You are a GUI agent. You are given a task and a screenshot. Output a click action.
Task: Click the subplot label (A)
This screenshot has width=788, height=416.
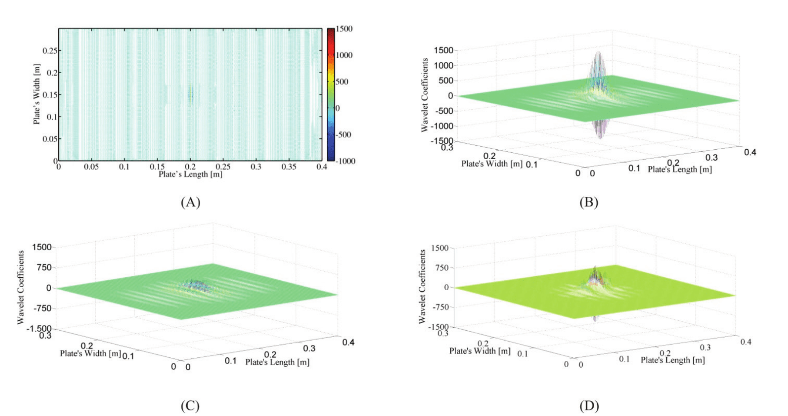[x=190, y=202]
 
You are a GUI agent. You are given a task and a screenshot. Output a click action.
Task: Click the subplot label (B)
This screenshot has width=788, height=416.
[x=589, y=202]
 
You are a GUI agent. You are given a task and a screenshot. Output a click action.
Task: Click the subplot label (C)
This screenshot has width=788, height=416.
[x=190, y=406]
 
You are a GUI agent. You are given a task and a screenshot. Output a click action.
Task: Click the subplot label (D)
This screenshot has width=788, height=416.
[x=589, y=406]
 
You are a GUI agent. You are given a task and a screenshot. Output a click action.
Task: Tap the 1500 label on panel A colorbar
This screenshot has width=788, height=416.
[x=344, y=29]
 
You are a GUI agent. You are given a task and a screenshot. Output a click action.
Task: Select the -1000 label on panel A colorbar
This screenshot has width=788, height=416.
[x=345, y=161]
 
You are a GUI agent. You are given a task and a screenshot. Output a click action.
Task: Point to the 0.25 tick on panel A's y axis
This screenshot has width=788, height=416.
[x=49, y=51]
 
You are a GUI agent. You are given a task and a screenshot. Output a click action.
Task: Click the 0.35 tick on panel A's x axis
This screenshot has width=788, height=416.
[x=289, y=167]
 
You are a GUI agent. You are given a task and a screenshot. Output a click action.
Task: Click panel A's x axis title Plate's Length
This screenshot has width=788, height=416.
[x=190, y=174]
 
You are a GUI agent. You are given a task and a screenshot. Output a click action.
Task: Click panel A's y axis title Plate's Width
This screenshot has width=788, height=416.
[x=37, y=94]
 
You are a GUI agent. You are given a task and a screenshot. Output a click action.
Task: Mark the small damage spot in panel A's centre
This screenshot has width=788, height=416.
[x=191, y=94]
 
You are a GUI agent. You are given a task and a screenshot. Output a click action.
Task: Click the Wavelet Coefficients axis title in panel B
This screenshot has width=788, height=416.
[x=425, y=95]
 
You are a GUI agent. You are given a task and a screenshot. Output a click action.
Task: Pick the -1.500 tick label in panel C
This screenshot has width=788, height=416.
[x=39, y=328]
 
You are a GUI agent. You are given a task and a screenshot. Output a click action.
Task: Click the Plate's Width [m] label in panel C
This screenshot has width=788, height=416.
[x=90, y=354]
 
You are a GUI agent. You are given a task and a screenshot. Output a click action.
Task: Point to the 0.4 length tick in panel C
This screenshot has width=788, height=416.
[x=348, y=342]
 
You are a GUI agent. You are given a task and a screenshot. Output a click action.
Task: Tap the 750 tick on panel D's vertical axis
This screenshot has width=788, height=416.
[x=442, y=268]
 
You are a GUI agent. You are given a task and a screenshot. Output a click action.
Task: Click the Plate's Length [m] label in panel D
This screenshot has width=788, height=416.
[x=672, y=360]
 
